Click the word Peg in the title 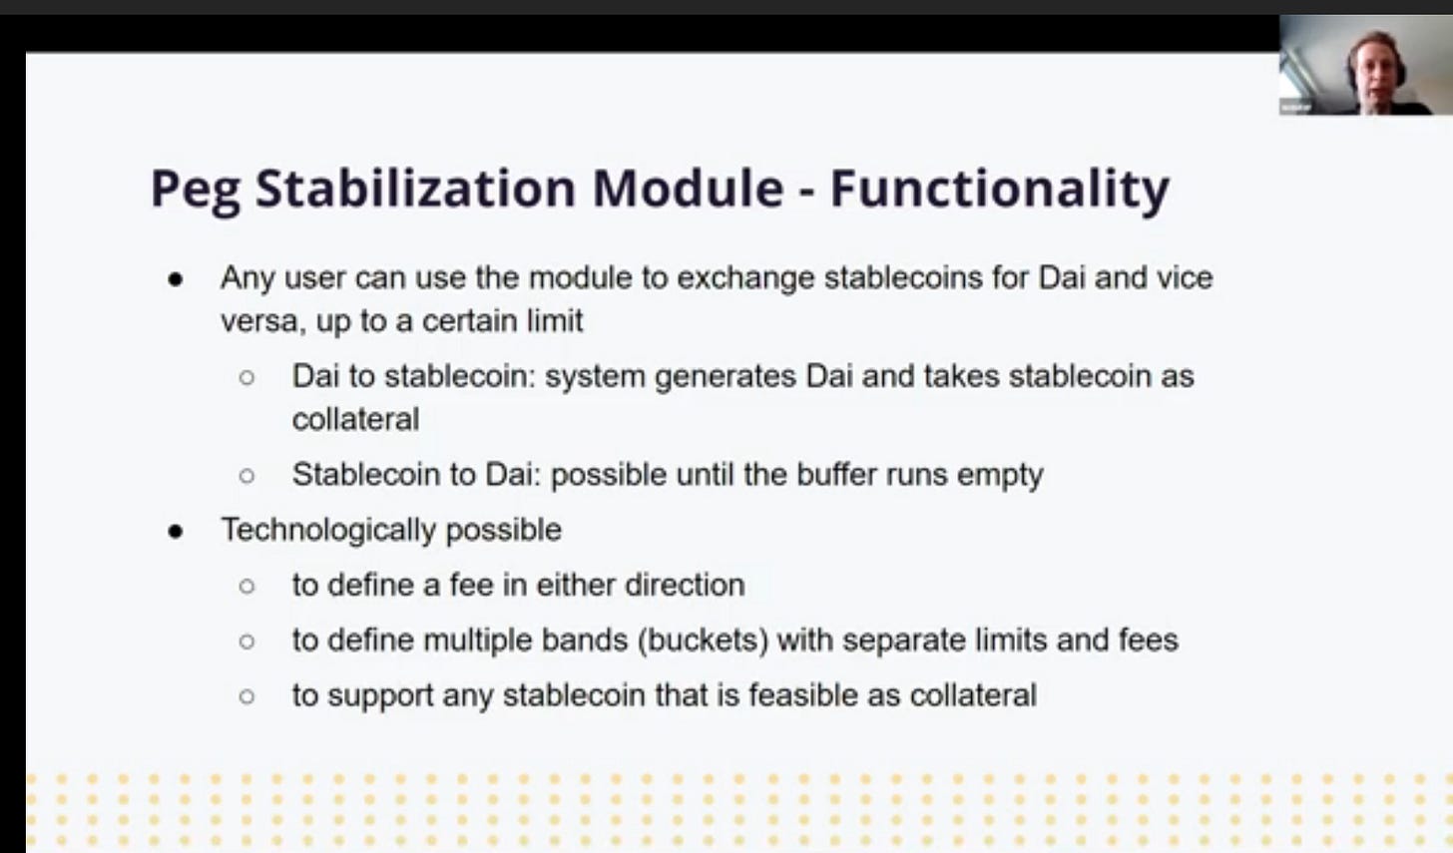[196, 191]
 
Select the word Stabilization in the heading [415, 189]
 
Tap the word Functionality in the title [1000, 190]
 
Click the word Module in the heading [689, 189]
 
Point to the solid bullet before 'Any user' [176, 280]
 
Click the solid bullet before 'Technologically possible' [176, 532]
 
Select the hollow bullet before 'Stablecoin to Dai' [246, 476]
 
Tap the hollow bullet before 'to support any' [246, 696]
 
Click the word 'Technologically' [329, 530]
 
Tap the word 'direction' [685, 585]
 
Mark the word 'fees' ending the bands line [1148, 640]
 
